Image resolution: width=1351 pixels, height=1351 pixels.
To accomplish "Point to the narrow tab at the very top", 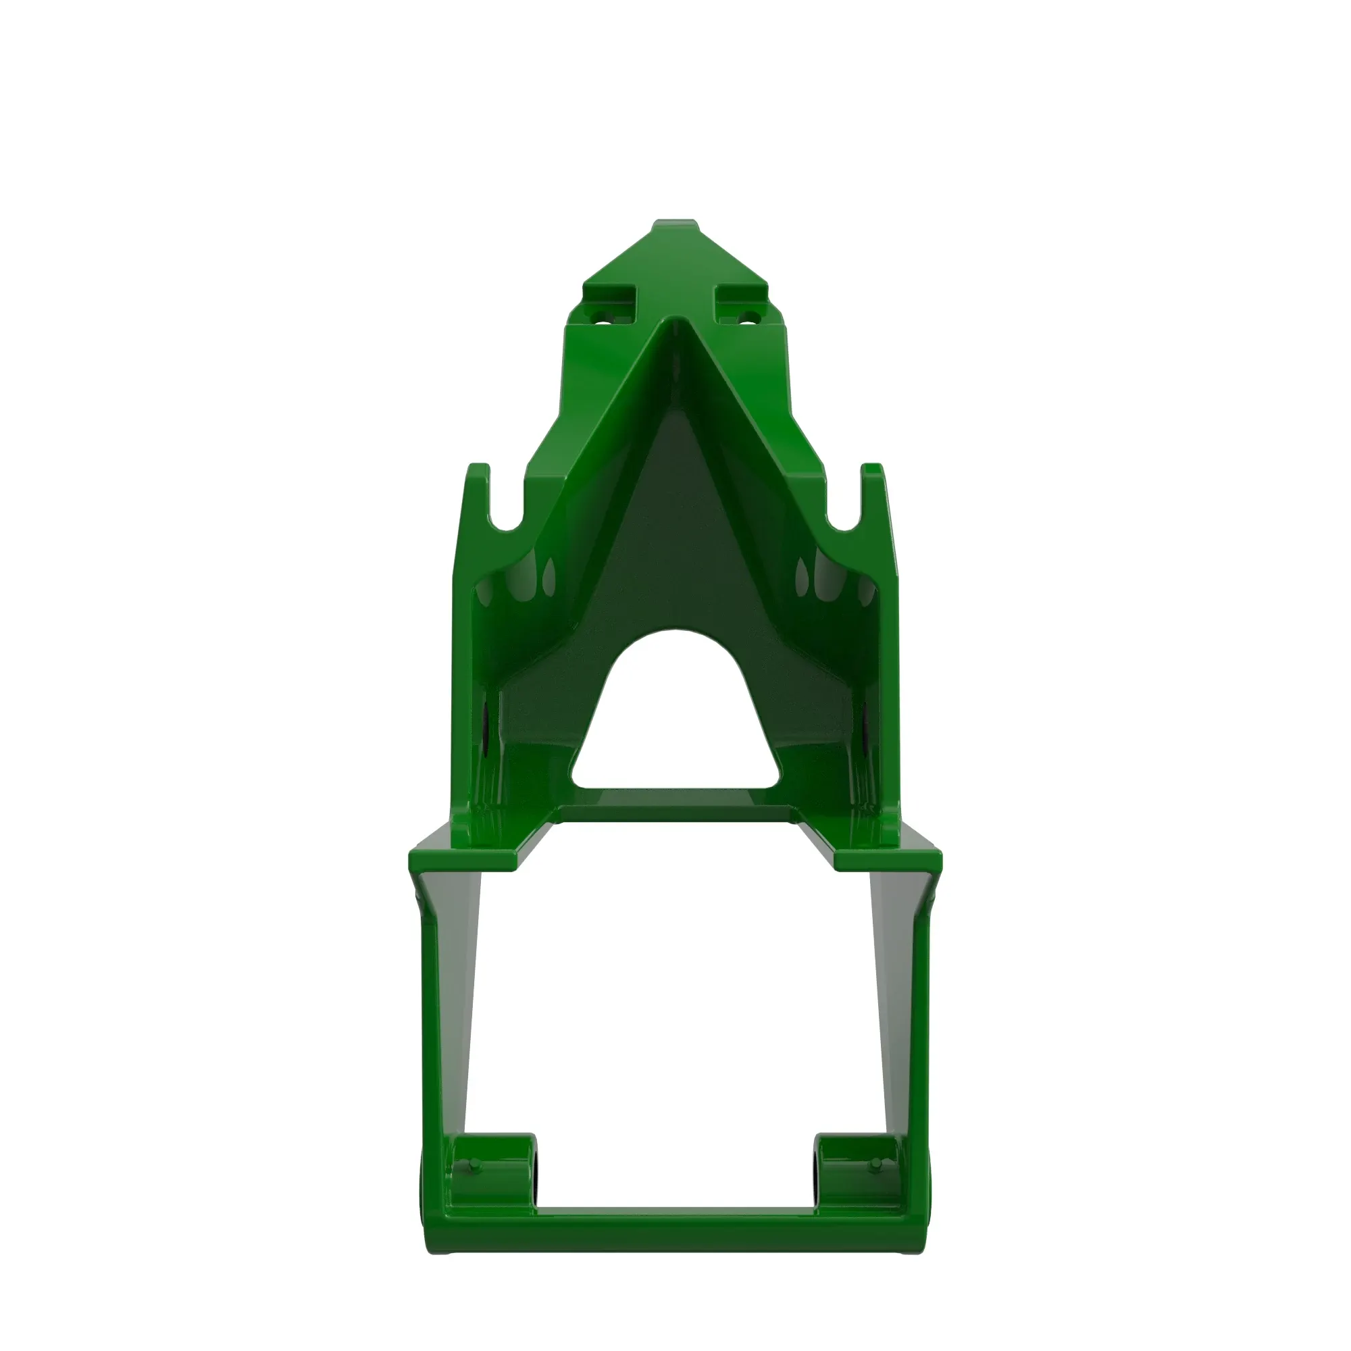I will [x=675, y=227].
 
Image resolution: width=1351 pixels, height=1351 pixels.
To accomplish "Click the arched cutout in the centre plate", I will [x=675, y=713].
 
